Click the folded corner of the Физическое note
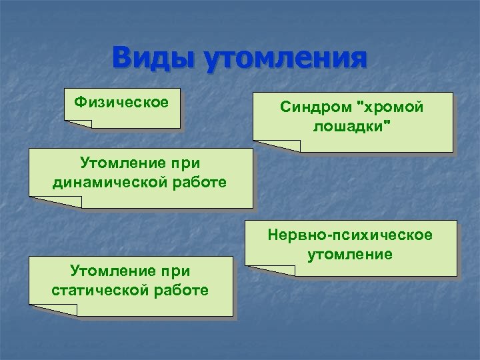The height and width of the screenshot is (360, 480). point(78,123)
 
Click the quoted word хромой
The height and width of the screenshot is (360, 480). point(391,107)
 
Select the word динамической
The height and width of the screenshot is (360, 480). point(108,182)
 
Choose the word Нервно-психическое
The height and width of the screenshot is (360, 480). point(350,235)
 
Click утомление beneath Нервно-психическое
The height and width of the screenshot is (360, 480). point(350,254)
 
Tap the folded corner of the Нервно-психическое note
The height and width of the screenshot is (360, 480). point(270,270)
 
